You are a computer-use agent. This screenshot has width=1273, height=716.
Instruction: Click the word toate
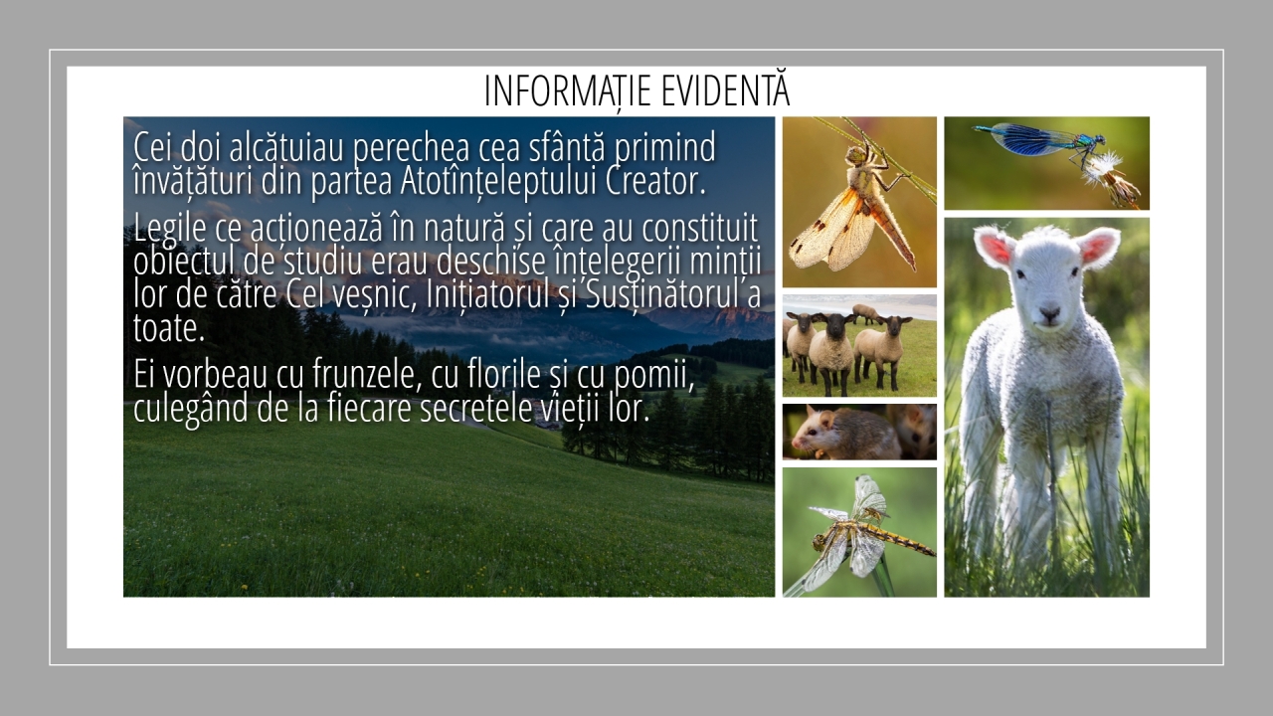[x=169, y=329]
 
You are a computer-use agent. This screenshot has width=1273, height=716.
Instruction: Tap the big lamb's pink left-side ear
[x=994, y=248]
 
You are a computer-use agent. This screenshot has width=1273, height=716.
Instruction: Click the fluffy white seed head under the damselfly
[x=1103, y=169]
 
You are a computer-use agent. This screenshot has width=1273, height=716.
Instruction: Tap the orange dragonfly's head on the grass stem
[x=854, y=154]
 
